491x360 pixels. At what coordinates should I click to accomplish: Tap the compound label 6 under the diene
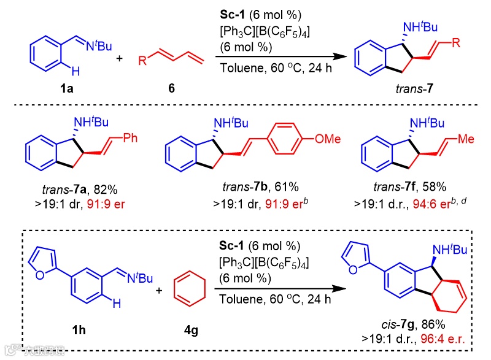pyautogui.click(x=171, y=88)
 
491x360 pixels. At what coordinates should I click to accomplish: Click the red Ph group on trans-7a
pyautogui.click(x=131, y=137)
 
